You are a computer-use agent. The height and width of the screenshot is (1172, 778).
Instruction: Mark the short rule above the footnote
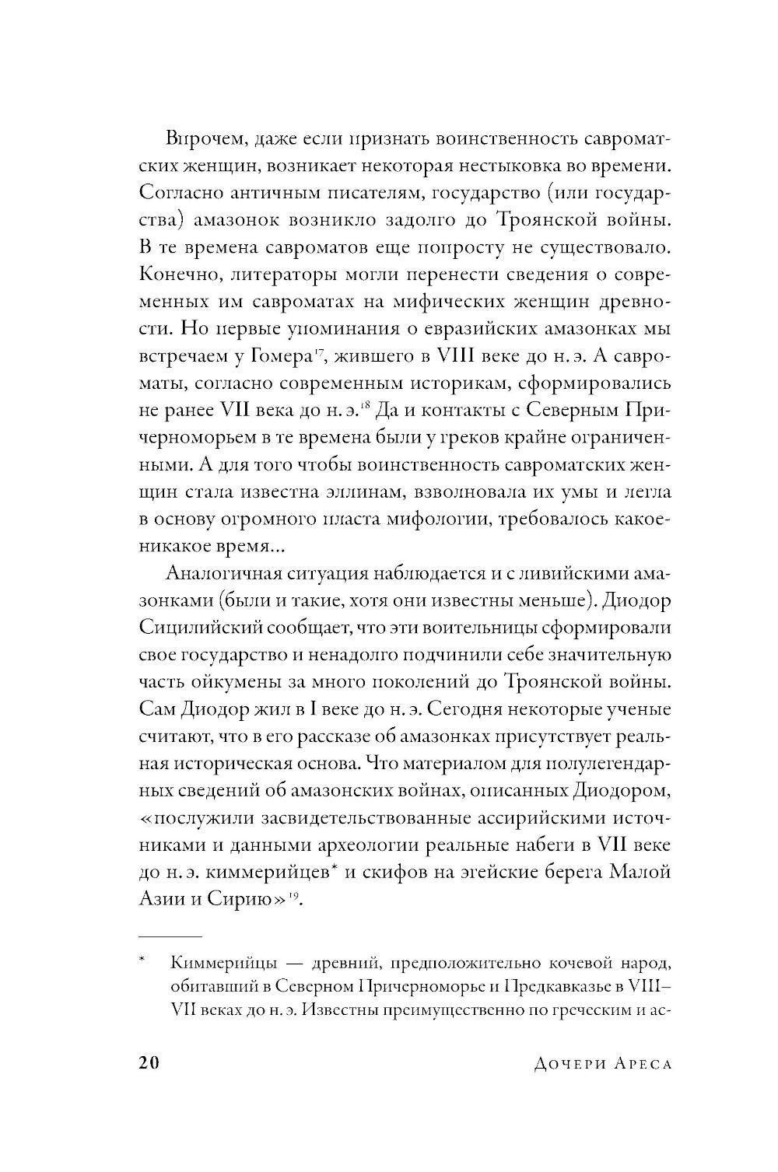(170, 936)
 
